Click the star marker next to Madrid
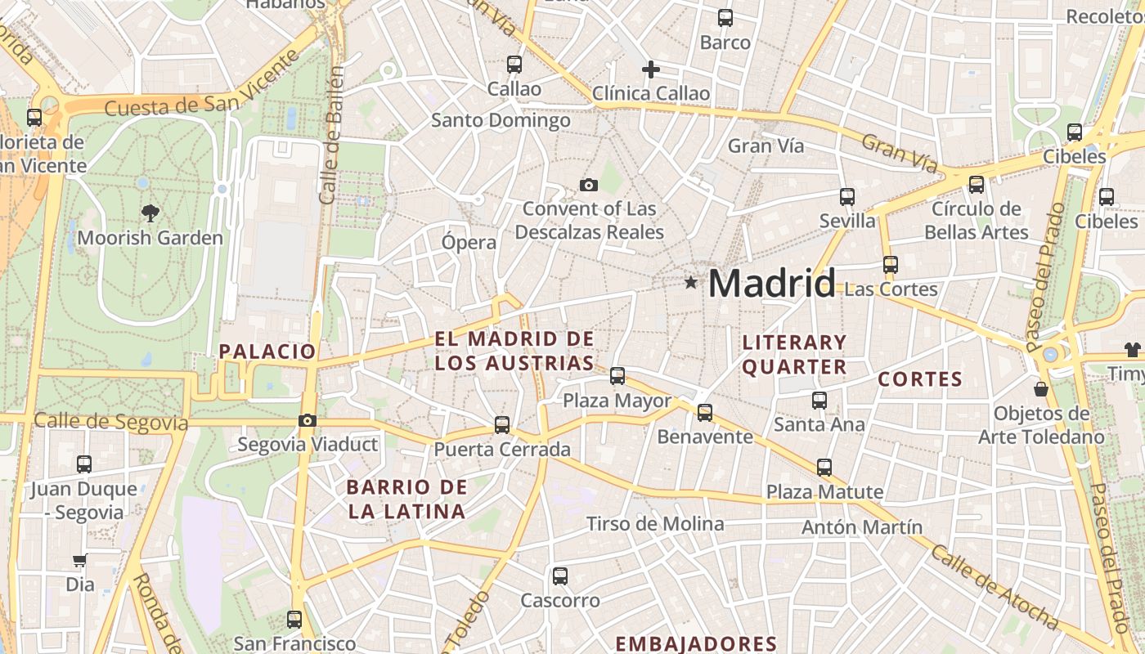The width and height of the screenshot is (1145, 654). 691,283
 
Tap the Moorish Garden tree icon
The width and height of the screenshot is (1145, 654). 150,213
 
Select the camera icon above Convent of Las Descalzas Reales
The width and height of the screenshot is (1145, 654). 588,186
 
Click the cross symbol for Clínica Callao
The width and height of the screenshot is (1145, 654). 651,69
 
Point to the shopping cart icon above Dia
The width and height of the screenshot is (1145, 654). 80,561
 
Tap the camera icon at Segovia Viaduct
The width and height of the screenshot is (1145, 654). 308,421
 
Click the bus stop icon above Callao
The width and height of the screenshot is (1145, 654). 514,65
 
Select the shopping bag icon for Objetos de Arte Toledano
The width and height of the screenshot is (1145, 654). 1041,389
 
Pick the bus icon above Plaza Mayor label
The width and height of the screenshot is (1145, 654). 617,376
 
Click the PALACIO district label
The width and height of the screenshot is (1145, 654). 267,352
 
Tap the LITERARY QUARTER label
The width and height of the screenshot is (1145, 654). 794,354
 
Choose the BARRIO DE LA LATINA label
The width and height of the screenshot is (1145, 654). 406,499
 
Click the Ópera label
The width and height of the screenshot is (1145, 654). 469,243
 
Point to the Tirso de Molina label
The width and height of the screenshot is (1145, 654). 655,524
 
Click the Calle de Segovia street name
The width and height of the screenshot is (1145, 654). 111,421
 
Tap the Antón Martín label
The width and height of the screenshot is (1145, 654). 862,527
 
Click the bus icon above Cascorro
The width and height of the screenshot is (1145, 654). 560,576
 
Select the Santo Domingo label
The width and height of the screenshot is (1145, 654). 501,121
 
